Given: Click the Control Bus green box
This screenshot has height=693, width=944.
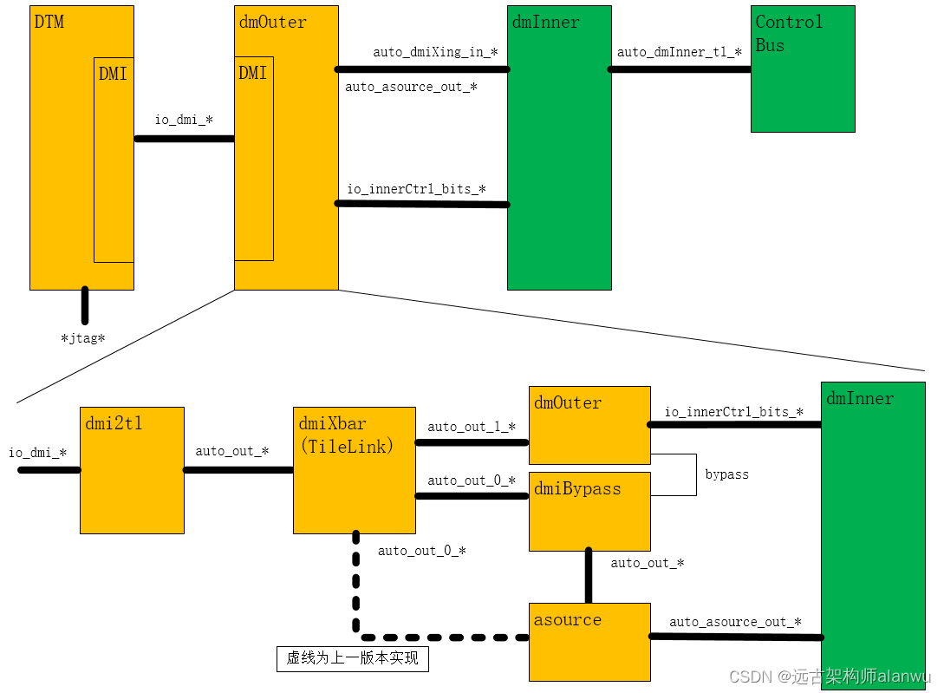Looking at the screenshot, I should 803,69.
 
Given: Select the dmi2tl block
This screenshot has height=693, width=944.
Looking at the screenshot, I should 132,470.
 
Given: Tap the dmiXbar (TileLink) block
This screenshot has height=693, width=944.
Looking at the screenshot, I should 354,470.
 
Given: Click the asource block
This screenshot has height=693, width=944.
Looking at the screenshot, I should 589,642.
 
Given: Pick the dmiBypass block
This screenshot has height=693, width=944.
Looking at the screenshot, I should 589,512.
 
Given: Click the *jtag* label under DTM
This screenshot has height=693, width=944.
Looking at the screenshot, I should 83,338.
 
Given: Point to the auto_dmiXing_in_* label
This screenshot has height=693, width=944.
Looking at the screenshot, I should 435,52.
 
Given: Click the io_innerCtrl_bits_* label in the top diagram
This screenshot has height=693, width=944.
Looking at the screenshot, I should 416,189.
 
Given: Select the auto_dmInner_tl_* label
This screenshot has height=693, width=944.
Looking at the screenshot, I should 679,52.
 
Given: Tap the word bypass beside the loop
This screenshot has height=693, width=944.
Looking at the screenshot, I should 726,474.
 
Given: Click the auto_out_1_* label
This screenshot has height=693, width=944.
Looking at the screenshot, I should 472,427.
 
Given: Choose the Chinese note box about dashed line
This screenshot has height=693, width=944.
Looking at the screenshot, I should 353,658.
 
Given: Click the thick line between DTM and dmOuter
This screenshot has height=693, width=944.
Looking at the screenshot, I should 184,138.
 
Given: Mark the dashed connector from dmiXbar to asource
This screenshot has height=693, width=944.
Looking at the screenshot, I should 356,598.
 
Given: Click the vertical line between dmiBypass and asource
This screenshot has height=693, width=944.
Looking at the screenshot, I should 589,575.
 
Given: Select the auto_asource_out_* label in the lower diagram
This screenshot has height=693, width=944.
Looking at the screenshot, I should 735,622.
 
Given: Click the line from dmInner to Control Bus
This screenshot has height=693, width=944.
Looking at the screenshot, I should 680,69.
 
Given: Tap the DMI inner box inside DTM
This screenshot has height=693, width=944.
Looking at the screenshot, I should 114,165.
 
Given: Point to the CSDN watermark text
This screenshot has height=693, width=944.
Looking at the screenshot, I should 829,677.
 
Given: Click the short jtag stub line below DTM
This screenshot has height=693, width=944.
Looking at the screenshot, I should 85,305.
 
